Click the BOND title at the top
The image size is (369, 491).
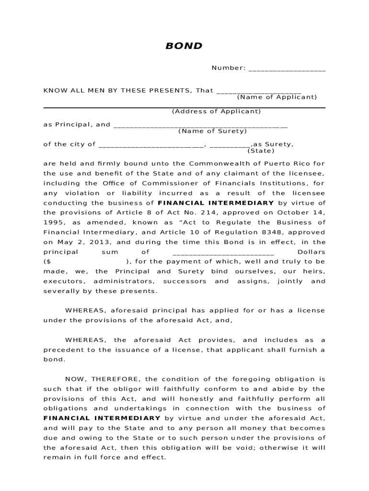[x=184, y=47]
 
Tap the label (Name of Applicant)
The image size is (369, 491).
[x=277, y=97]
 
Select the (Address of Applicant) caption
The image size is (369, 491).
[x=216, y=111]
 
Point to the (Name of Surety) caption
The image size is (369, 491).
[x=212, y=131]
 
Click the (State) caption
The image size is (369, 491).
[x=261, y=151]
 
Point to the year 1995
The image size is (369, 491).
[x=54, y=222]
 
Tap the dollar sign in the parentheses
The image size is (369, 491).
[x=47, y=262]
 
